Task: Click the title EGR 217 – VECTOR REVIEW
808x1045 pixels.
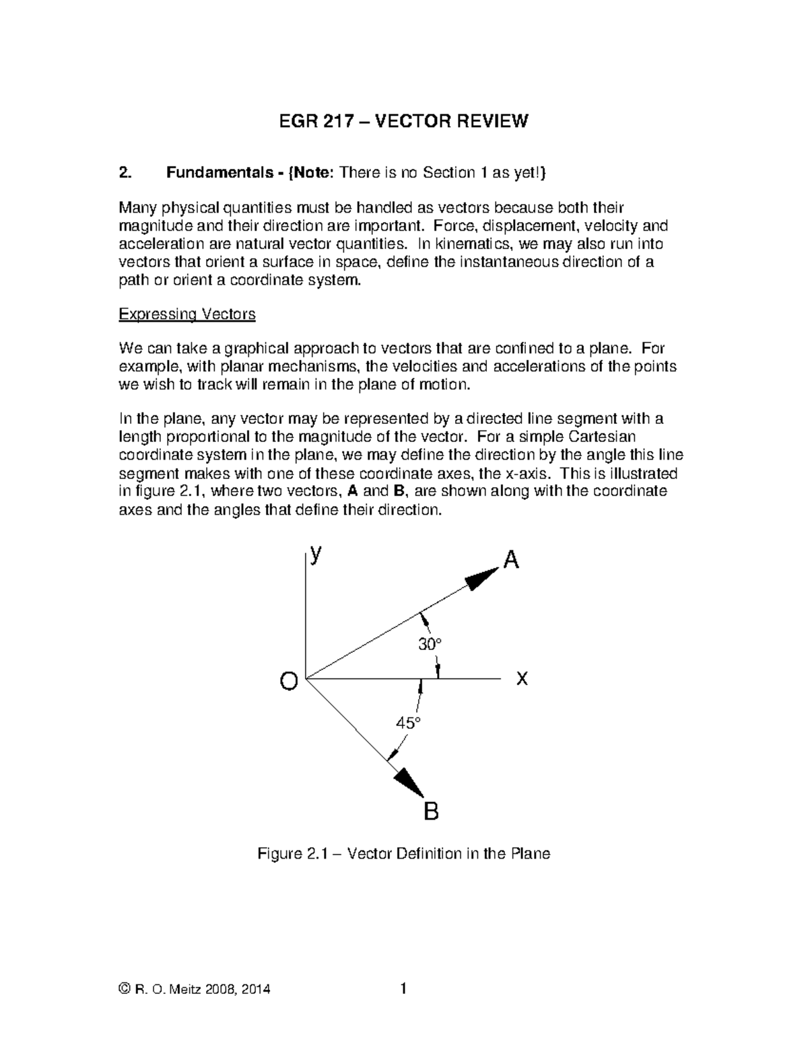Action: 403,121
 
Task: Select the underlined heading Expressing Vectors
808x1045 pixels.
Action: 187,314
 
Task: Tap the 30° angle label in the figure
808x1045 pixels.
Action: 430,645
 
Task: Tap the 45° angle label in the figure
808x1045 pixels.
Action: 408,723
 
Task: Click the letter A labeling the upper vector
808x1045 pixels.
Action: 512,559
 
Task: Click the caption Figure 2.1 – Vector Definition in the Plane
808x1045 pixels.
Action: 404,854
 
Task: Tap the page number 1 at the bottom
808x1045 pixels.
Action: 403,988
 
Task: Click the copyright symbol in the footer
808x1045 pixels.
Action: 123,989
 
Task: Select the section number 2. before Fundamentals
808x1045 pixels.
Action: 124,173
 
